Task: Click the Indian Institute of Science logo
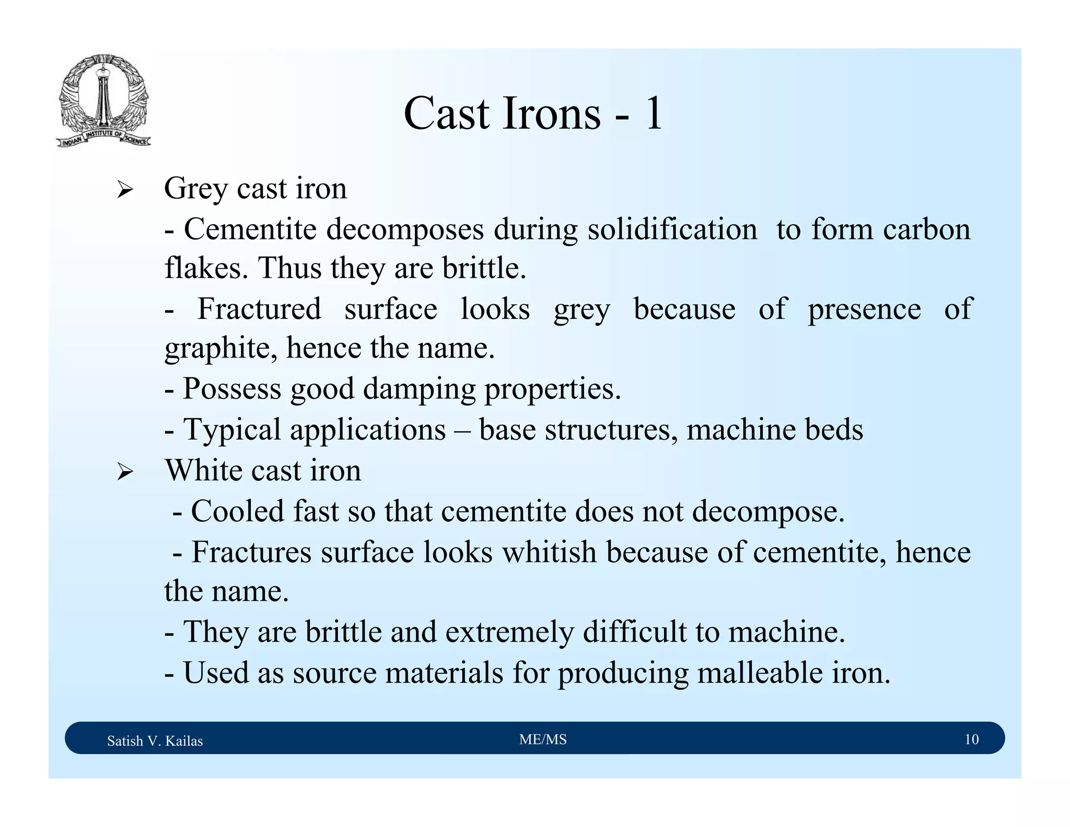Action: click(103, 101)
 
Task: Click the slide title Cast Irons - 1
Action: click(533, 113)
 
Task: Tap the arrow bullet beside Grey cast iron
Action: click(125, 190)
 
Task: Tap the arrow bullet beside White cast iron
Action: click(125, 472)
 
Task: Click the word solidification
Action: click(672, 229)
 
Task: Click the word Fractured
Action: click(259, 309)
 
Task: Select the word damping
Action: click(419, 389)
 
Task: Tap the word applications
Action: click(367, 430)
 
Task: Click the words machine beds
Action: click(774, 430)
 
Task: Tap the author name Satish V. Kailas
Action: click(155, 741)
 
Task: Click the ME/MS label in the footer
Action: click(543, 739)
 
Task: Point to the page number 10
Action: click(971, 739)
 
